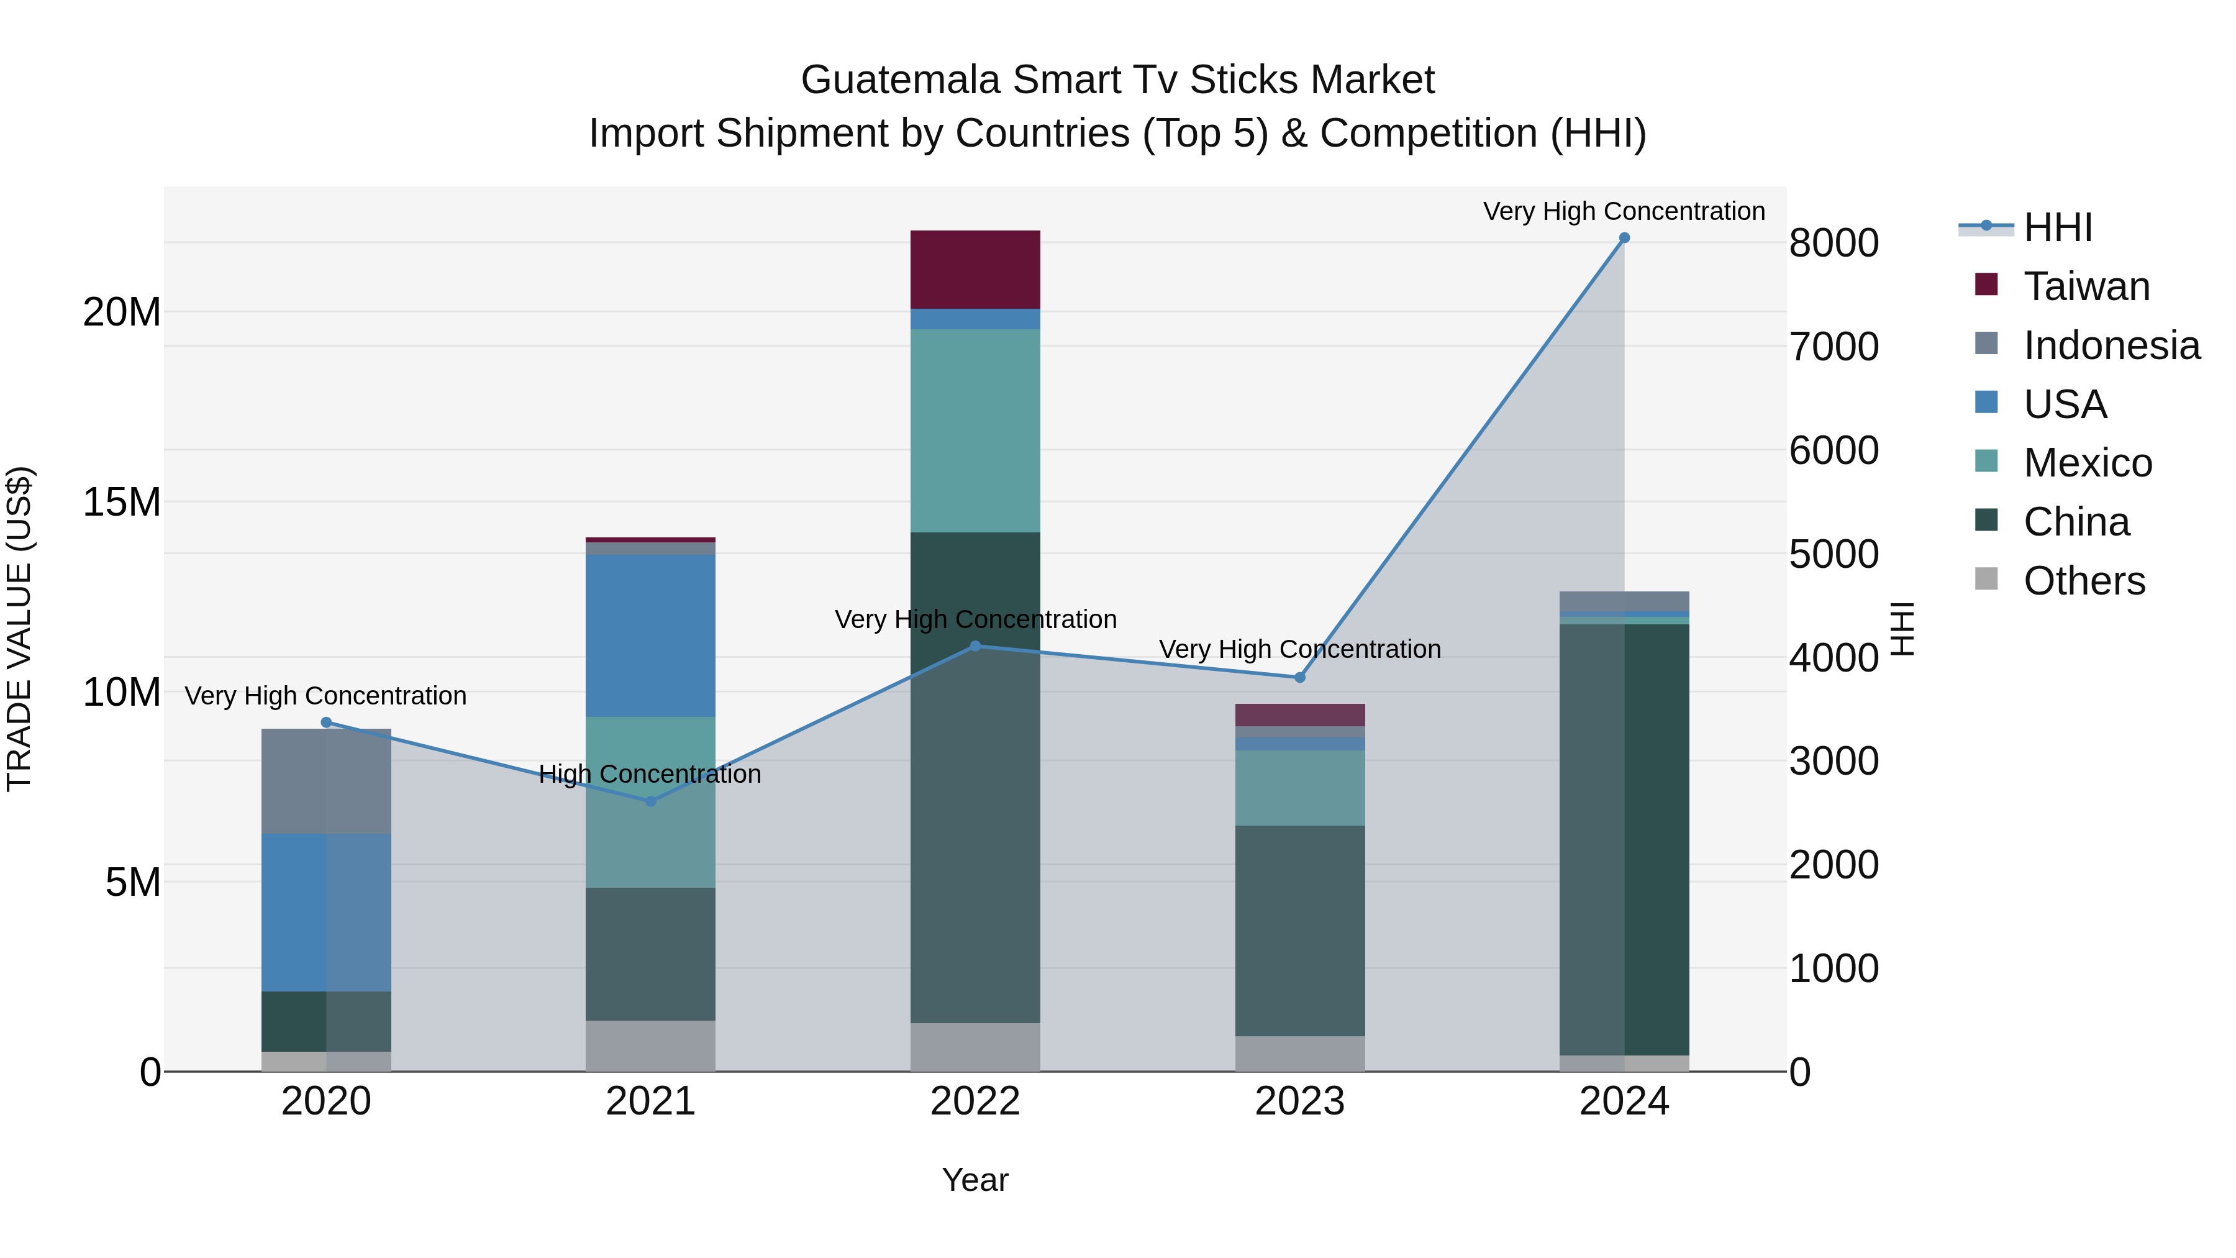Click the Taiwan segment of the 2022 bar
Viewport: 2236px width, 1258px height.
[x=975, y=269]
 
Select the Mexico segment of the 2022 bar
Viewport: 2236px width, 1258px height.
[x=975, y=430]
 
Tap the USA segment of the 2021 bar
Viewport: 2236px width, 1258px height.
[x=650, y=635]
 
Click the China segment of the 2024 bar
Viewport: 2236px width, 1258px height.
[x=1624, y=839]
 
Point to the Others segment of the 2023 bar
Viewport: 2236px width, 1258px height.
[x=1299, y=1052]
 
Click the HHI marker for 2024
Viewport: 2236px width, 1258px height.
[x=1624, y=238]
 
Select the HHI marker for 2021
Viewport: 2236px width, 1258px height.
[x=650, y=801]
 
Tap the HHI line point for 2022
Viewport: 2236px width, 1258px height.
[x=975, y=646]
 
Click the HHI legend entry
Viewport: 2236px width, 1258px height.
[x=2057, y=227]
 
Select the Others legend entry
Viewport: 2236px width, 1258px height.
[x=2083, y=581]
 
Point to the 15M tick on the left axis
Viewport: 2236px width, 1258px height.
[x=122, y=502]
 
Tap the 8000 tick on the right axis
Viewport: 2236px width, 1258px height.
[x=1834, y=243]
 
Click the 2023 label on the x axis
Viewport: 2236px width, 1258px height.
[x=1299, y=1101]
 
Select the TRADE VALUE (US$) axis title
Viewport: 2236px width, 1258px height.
[x=19, y=629]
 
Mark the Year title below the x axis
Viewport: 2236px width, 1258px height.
[x=975, y=1180]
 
